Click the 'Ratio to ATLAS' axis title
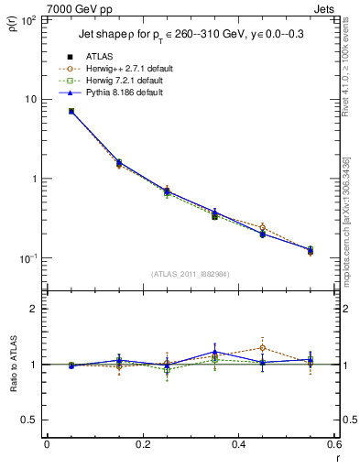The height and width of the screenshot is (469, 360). point(12,365)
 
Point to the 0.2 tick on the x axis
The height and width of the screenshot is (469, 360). point(142,445)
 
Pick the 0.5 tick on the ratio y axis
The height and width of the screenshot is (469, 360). point(31,420)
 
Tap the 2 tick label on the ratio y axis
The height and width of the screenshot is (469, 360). point(35,310)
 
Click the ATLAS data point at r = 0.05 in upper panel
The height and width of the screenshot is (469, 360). point(71,111)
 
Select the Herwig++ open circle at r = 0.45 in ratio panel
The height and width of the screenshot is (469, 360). point(262,348)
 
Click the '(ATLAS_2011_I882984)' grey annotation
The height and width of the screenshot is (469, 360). point(190,274)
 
